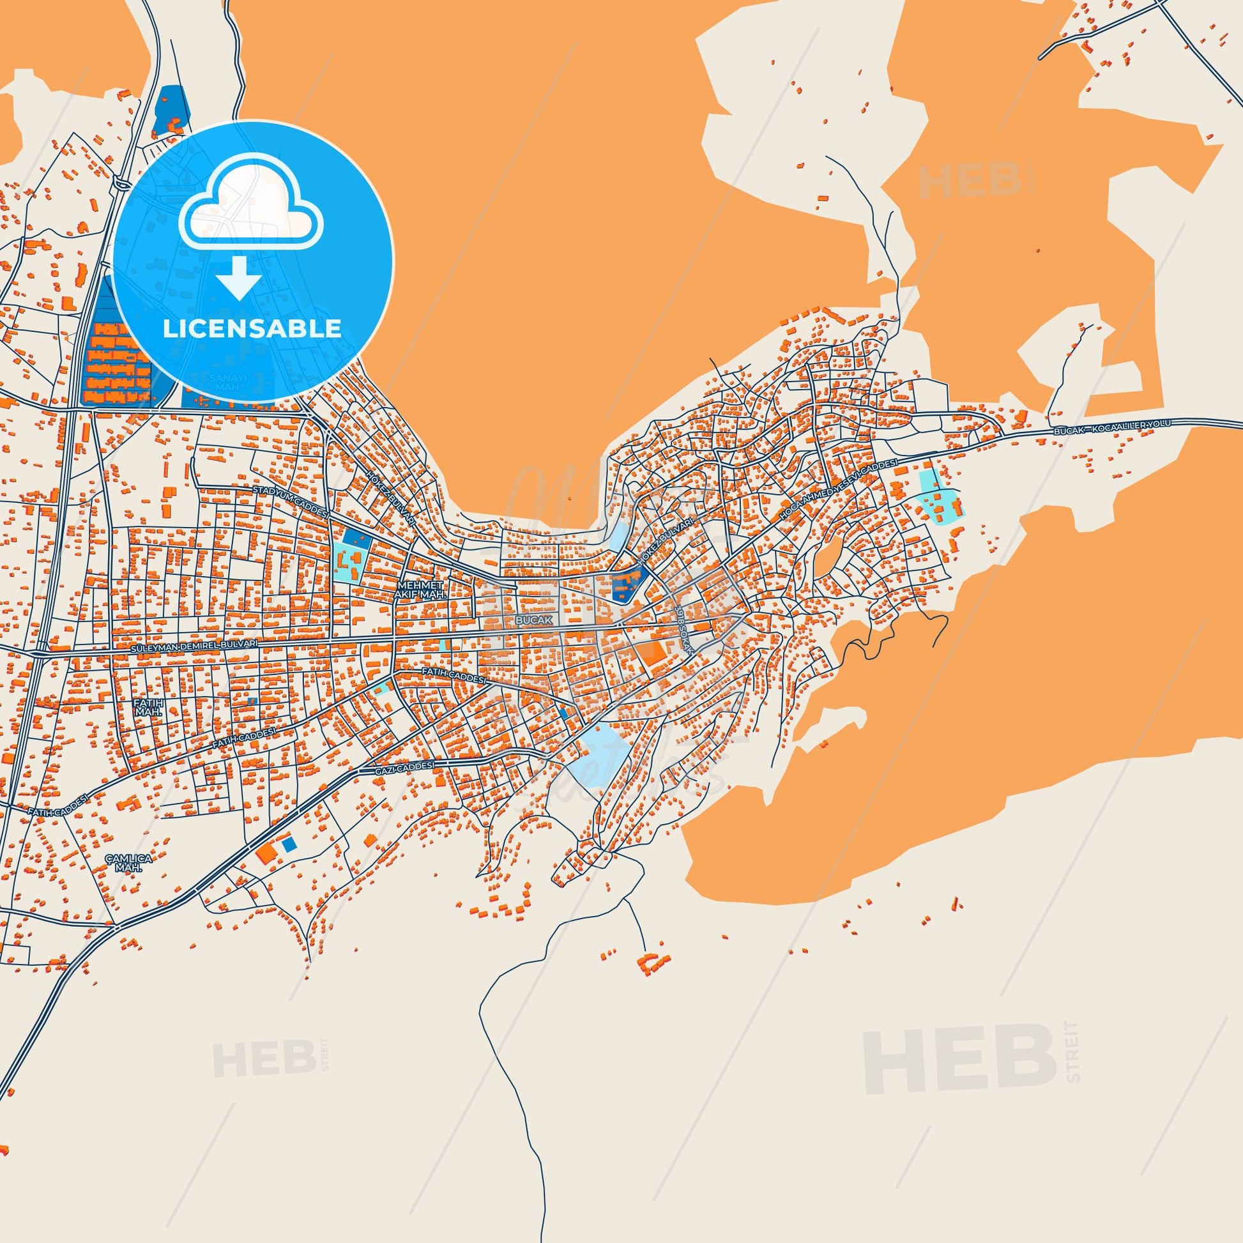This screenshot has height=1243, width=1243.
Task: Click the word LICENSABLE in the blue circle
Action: pos(252,329)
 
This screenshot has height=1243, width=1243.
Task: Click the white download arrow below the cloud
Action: pos(238,277)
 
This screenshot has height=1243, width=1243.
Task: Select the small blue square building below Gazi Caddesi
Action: pos(289,842)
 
